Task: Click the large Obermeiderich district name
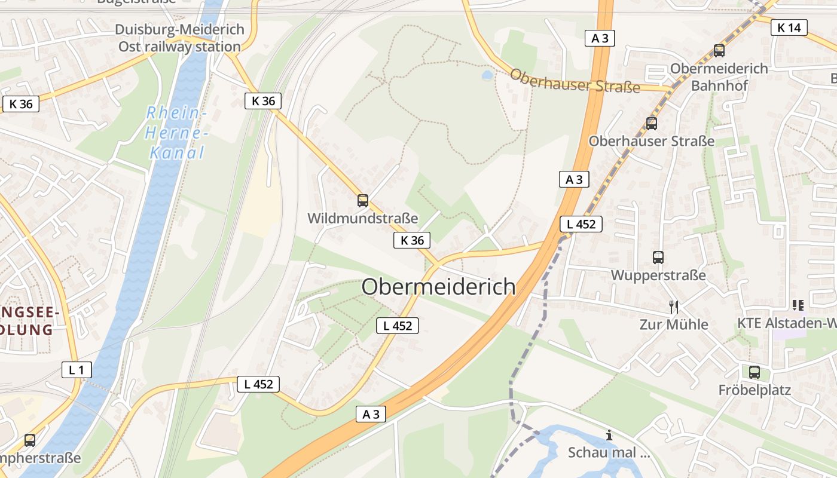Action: (x=438, y=286)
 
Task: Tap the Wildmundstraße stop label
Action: (x=362, y=218)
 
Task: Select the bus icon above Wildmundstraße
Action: (x=363, y=201)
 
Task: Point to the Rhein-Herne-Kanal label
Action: (x=176, y=133)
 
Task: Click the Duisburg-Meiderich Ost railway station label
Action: (x=179, y=38)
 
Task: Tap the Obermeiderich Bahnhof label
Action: (x=719, y=76)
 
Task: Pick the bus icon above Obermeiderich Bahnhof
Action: (x=719, y=51)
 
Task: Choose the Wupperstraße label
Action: (x=658, y=275)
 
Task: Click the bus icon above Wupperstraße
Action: (x=658, y=258)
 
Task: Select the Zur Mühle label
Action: (x=674, y=324)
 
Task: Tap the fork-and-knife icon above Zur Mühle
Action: (x=674, y=307)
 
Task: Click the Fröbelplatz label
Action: (x=754, y=390)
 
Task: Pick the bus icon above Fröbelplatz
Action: (x=754, y=372)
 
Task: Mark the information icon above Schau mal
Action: (x=609, y=435)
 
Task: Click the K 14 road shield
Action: (x=789, y=27)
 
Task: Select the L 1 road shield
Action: (x=77, y=370)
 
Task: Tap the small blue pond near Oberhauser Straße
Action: (x=487, y=75)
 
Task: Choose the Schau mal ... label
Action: (x=609, y=452)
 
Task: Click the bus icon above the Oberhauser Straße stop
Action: (x=652, y=124)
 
